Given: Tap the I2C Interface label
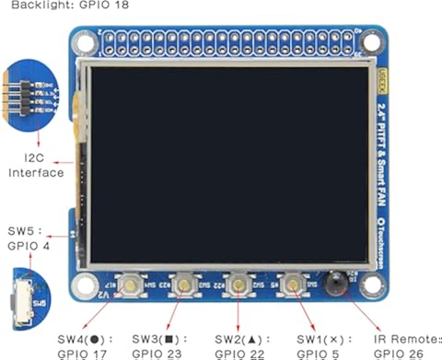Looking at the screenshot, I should pos(37,165).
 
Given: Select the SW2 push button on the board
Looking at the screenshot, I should pos(239,286).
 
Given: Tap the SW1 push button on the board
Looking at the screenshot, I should pos(295,286).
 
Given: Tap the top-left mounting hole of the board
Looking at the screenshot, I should pos(87,43).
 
